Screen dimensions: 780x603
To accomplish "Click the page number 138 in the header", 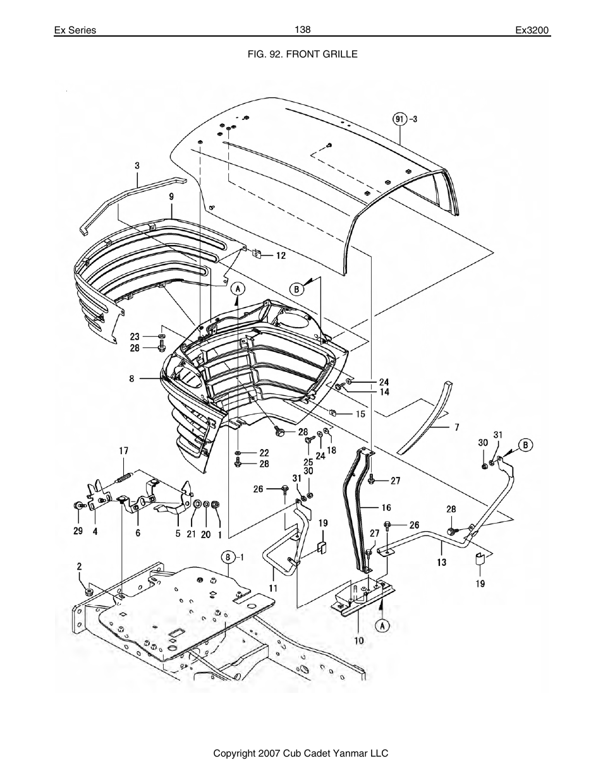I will pyautogui.click(x=302, y=30).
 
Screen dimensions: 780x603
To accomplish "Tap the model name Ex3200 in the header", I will pyautogui.click(x=533, y=30).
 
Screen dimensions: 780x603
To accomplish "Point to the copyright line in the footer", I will pyautogui.click(x=301, y=753).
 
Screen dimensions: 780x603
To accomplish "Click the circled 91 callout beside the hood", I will pyautogui.click(x=399, y=119).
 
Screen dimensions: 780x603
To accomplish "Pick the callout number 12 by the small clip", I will pyautogui.click(x=280, y=255).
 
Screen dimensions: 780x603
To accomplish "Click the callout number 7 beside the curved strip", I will pyautogui.click(x=456, y=427).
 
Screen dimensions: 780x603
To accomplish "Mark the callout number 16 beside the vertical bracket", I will pyautogui.click(x=386, y=507).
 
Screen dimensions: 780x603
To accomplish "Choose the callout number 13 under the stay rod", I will pyautogui.click(x=441, y=560).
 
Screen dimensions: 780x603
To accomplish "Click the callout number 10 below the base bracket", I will pyautogui.click(x=358, y=640).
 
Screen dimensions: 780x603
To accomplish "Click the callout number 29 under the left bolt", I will pyautogui.click(x=78, y=531).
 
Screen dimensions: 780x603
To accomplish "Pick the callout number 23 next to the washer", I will pyautogui.click(x=135, y=337).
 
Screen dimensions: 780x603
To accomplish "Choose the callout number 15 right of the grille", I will pyautogui.click(x=360, y=414).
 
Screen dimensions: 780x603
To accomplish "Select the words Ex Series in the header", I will pyautogui.click(x=75, y=30).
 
